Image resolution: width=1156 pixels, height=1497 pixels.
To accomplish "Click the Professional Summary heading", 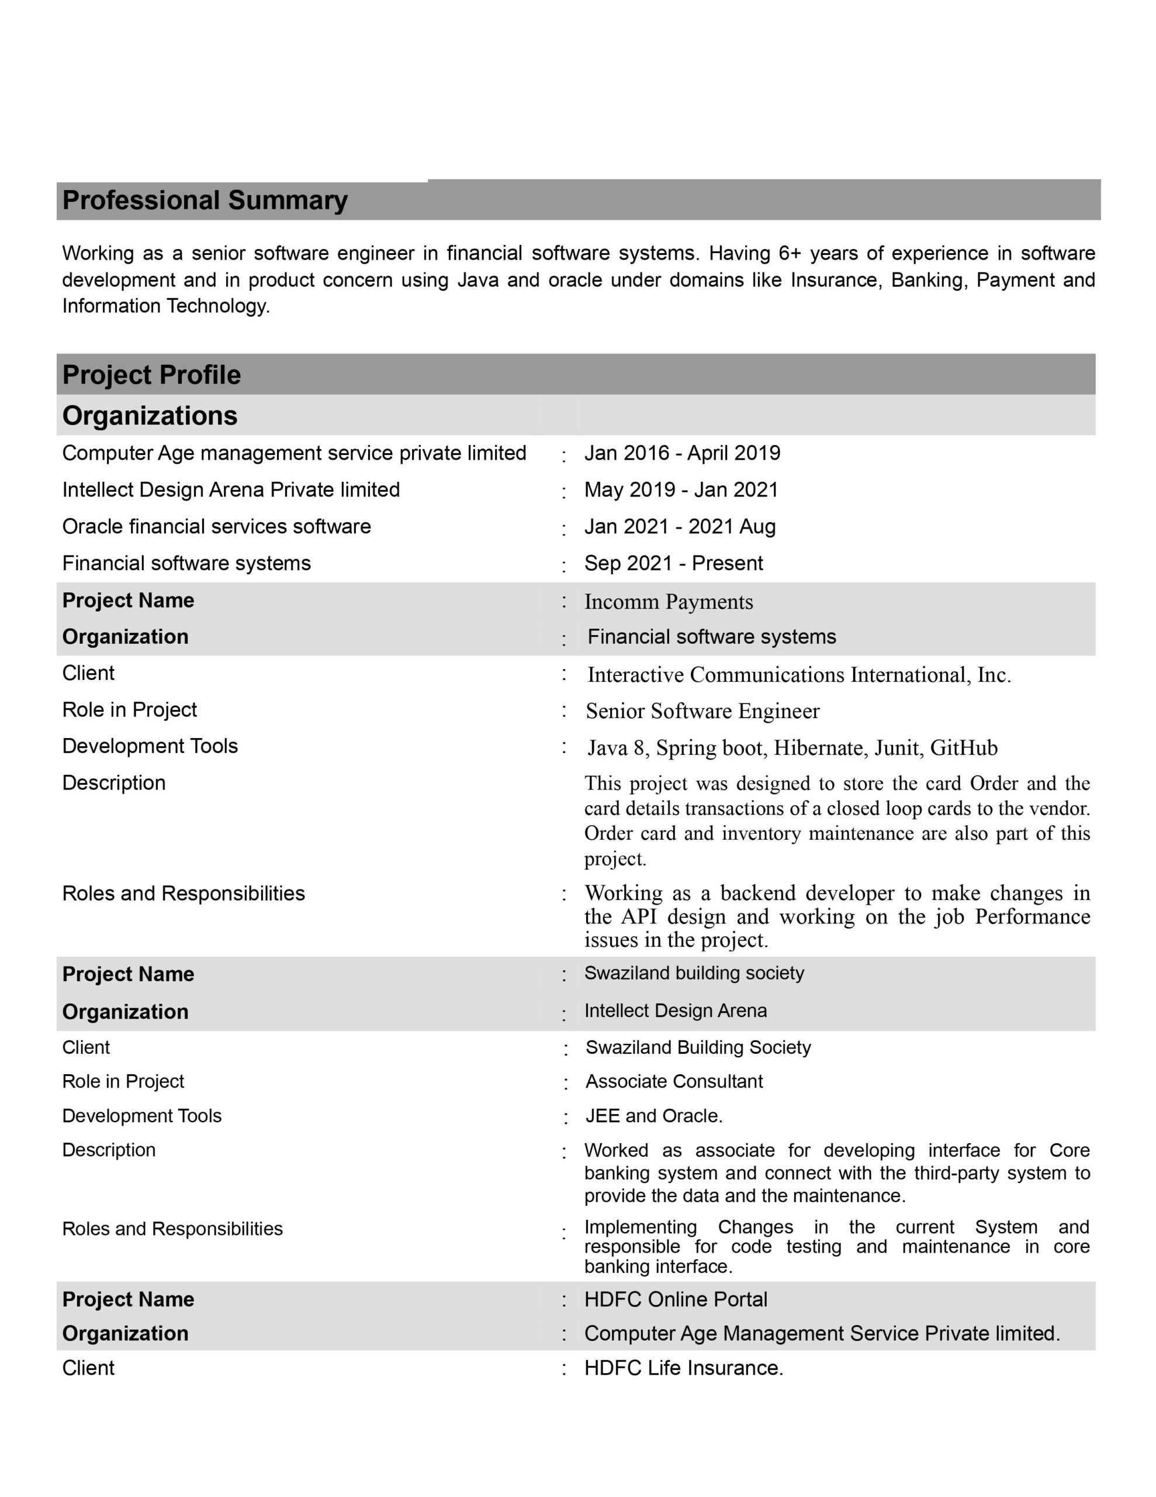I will [205, 200].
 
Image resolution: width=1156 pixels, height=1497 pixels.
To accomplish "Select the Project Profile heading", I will [151, 375].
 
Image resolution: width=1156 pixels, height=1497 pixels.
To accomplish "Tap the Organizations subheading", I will [150, 415].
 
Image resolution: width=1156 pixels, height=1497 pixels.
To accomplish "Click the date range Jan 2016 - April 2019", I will [682, 453].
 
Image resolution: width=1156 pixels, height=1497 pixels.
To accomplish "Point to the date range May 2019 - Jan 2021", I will [681, 489].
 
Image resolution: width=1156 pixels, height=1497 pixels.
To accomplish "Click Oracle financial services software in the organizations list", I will [217, 526].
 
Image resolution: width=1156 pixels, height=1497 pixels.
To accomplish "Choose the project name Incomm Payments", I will [668, 602].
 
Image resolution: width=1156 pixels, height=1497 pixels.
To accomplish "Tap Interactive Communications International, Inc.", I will [799, 675].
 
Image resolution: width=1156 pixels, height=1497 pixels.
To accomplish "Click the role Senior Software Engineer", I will [702, 712].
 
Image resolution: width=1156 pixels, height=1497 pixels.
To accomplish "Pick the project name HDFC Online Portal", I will [676, 1299].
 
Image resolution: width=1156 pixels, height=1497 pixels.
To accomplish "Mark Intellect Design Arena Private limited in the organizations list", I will [231, 489].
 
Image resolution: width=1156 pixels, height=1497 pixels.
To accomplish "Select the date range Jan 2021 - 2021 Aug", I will [680, 526].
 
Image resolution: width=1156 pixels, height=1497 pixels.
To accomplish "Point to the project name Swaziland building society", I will [694, 972].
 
